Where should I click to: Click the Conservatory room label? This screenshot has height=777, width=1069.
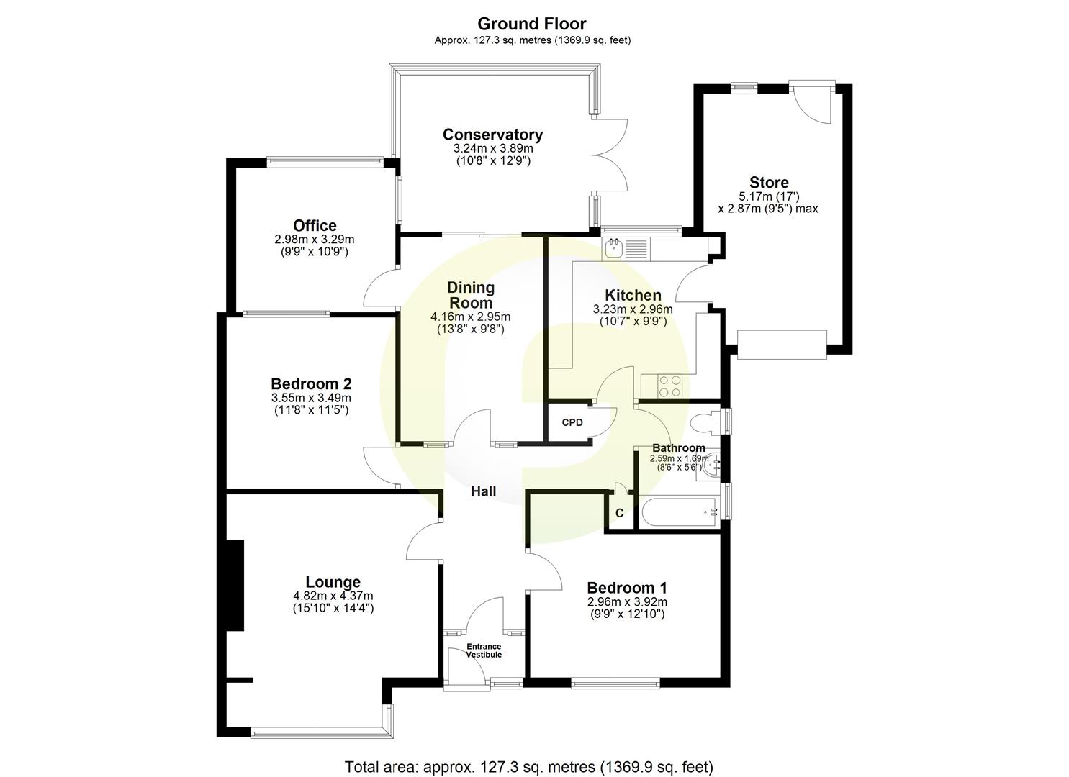pos(492,135)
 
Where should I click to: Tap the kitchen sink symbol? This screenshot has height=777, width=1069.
pos(614,249)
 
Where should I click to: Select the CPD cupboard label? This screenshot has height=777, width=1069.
pos(572,422)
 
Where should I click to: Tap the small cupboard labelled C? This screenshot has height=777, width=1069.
pos(619,514)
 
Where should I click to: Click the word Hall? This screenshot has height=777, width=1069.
pos(483,492)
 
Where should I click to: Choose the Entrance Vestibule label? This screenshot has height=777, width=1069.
pos(484,650)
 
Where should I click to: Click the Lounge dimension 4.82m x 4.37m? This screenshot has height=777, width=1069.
pos(333,596)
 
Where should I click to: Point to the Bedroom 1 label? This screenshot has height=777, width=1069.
pos(626,588)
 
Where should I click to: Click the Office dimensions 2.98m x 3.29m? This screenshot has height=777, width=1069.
pos(314,240)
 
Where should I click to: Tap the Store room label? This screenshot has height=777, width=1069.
pos(769,182)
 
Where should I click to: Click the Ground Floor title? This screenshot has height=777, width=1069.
pos(532,24)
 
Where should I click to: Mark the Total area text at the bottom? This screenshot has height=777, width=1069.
pos(529,767)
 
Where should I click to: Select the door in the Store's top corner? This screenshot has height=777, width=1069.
pos(813,104)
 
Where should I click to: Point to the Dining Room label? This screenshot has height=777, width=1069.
pos(472,295)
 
